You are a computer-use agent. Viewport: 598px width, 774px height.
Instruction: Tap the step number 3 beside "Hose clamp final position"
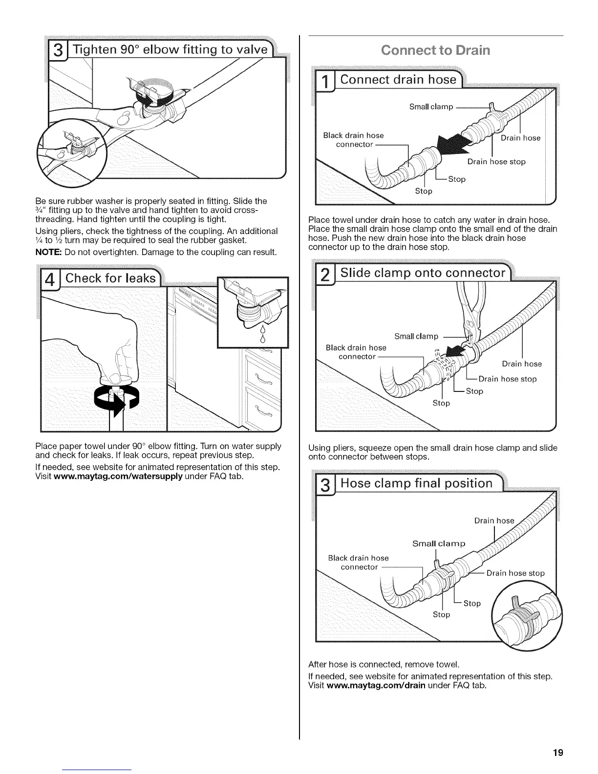pyautogui.click(x=324, y=486)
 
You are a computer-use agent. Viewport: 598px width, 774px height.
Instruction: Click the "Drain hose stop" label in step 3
pyautogui.click(x=515, y=573)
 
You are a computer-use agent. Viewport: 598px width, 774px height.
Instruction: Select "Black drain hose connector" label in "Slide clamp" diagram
pyautogui.click(x=356, y=352)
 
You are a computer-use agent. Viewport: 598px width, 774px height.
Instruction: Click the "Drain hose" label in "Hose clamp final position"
pyautogui.click(x=494, y=521)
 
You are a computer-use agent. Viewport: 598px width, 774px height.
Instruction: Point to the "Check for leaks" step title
pyautogui.click(x=111, y=279)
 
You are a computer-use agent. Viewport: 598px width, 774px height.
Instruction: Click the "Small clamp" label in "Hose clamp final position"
pyautogui.click(x=439, y=544)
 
